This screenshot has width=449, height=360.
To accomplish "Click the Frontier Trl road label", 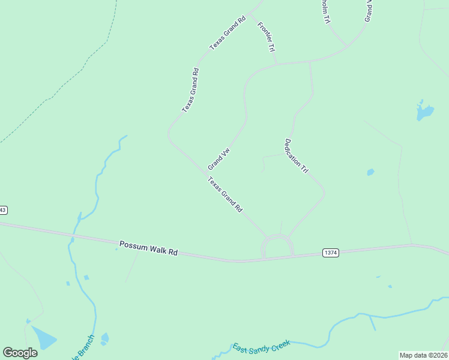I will [x=266, y=37].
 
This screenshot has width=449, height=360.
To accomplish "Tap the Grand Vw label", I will [x=218, y=159].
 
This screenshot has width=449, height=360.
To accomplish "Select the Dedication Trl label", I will [x=296, y=156].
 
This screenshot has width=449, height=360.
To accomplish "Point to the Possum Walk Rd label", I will [x=148, y=248].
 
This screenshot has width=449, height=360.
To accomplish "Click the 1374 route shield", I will [x=330, y=253].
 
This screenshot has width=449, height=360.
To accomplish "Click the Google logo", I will [x=20, y=353].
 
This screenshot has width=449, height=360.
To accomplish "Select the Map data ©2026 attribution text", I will [x=423, y=355].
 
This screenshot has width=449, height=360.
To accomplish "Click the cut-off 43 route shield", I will [x=3, y=210].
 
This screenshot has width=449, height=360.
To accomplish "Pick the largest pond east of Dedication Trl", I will [x=424, y=112].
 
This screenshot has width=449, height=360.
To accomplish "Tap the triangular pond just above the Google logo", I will [x=42, y=338].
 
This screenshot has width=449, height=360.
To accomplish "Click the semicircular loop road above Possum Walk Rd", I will [x=277, y=238].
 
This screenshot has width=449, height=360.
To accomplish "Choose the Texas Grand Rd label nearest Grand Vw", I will [x=225, y=194].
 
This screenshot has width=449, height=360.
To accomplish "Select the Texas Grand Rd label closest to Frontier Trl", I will [x=228, y=34].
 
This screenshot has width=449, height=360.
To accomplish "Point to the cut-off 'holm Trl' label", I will [x=325, y=11].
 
